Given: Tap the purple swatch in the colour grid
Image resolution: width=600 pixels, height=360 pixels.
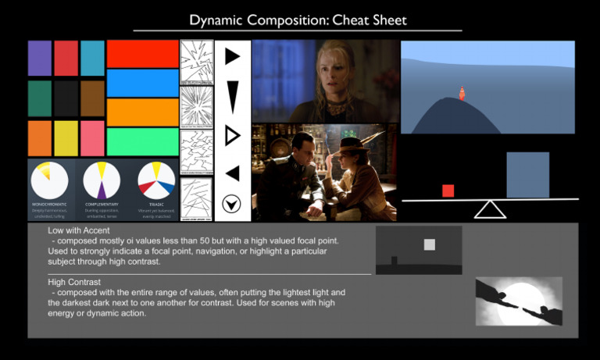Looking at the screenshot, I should (x=40, y=58).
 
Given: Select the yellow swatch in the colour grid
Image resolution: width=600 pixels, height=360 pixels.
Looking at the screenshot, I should (x=66, y=137).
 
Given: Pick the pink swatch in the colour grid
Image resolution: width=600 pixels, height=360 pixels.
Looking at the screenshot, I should (x=92, y=137).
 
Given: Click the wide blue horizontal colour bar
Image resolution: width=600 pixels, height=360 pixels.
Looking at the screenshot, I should (x=143, y=83).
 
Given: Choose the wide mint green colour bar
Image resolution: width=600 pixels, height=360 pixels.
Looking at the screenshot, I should (x=143, y=141).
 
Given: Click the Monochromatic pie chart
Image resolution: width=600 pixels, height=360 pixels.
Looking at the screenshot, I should (x=50, y=180).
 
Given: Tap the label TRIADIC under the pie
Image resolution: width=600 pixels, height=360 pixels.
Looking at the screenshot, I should (x=156, y=203).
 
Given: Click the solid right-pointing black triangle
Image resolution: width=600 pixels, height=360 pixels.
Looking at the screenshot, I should (x=232, y=56).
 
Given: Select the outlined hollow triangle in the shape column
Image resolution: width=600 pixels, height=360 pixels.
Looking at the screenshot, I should (x=232, y=136).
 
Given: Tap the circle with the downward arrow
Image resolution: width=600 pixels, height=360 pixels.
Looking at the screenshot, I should (x=231, y=204).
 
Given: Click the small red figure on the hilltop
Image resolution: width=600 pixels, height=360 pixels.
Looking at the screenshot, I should (x=462, y=94).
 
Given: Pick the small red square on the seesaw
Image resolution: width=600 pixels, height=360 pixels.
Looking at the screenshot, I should (x=448, y=191).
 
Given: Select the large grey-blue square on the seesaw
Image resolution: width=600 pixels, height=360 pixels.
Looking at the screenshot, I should (x=527, y=175).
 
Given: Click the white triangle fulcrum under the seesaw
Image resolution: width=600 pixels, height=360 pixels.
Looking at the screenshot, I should (x=490, y=209).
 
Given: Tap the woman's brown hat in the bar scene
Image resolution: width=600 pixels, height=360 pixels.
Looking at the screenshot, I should (x=354, y=144).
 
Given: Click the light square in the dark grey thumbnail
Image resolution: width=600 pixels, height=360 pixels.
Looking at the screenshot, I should (x=429, y=244).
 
